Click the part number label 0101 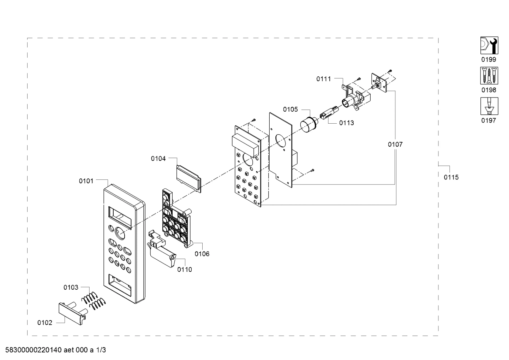pos(86,181)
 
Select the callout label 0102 pos(45,323)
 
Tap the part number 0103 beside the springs pos(71,288)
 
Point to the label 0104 pos(158,159)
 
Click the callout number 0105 pos(291,110)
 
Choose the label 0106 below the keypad pos(202,254)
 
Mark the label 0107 pos(395,144)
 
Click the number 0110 pos(185,270)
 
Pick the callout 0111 pos(324,79)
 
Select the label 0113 pos(347,123)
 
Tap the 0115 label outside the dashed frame pos(451,177)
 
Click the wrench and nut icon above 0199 pos(489,45)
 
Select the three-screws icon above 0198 pos(489,76)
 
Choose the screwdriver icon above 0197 pos(489,106)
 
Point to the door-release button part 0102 pos(72,314)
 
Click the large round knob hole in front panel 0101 pos(120,233)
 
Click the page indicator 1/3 pos(101,350)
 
